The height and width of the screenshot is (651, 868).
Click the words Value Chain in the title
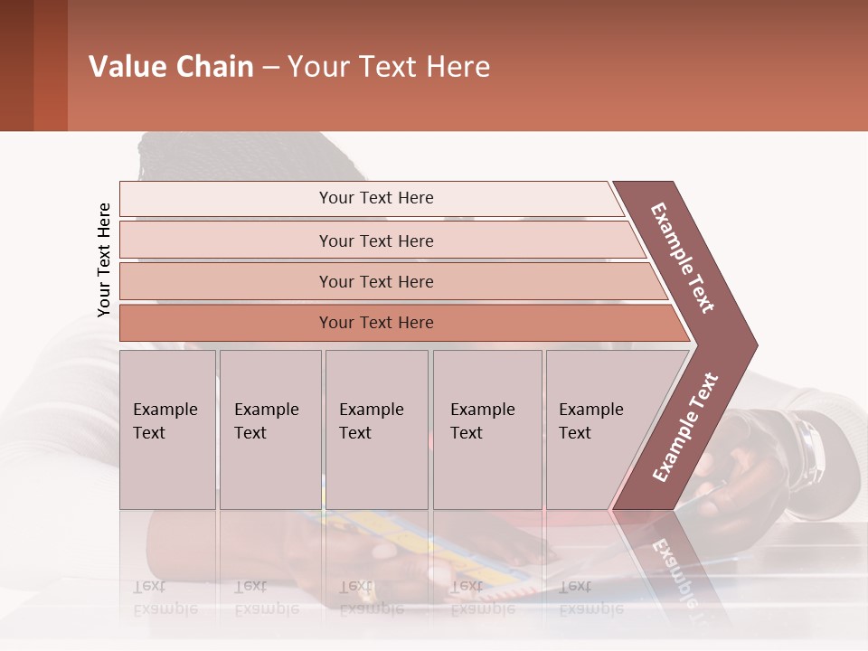coord(171,67)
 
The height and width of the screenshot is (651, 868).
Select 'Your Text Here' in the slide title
coord(389,67)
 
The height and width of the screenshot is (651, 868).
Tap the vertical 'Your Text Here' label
coord(104,259)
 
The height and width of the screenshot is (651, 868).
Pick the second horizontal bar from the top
coord(375,241)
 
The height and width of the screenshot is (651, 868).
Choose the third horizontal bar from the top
coord(375,281)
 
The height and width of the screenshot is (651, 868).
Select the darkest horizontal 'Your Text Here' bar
coord(375,323)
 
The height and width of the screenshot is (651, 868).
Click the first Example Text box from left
coord(167,429)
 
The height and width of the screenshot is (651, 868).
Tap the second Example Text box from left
coord(269,429)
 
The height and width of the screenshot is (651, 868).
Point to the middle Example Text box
coord(376,429)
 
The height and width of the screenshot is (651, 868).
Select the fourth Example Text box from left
coord(486,429)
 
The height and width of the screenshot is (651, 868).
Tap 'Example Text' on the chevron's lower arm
coord(685,427)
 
